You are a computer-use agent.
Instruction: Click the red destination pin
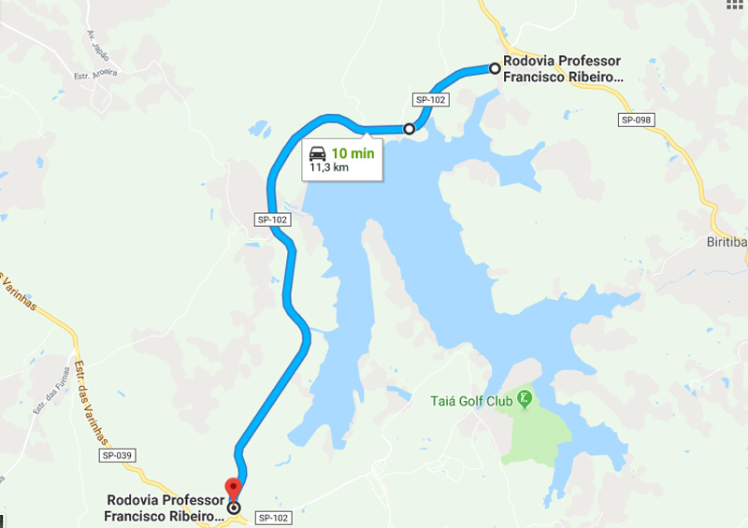[233, 488]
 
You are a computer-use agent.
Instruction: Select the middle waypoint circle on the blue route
[410, 129]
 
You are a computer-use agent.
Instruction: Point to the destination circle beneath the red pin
[234, 509]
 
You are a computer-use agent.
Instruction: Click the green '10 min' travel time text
[352, 152]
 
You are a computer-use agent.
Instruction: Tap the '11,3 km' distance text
[329, 168]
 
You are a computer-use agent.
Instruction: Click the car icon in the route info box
[318, 152]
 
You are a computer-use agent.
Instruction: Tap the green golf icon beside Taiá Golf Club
[525, 400]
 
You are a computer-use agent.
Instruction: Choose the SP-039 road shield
[118, 455]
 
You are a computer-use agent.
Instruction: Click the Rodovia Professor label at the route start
[561, 69]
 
